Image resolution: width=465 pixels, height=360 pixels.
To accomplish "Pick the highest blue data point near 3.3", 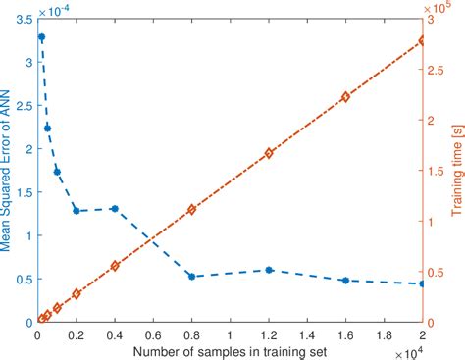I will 41,37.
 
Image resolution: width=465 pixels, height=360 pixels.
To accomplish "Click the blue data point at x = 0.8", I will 191,277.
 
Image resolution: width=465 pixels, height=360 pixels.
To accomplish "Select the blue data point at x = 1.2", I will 268,270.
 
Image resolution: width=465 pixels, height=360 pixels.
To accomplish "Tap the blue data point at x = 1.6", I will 345,281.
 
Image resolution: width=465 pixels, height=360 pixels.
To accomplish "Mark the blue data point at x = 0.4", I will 115,209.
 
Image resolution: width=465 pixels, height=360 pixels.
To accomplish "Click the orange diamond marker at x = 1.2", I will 268,154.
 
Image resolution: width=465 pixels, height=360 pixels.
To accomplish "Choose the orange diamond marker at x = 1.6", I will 345,97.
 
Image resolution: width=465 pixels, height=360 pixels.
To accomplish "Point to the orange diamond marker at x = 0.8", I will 191,210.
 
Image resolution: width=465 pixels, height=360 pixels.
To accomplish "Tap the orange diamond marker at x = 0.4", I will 115,266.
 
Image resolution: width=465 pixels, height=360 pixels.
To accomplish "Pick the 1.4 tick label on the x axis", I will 307,334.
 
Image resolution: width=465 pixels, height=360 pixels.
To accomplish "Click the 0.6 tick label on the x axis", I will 153,334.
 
